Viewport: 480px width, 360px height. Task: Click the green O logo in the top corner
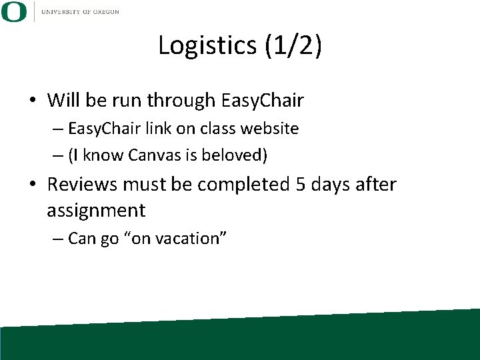(14, 11)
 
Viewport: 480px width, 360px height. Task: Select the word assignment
(96, 211)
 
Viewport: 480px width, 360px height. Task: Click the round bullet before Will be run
(33, 101)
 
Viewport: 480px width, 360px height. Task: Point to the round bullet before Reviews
(33, 185)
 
